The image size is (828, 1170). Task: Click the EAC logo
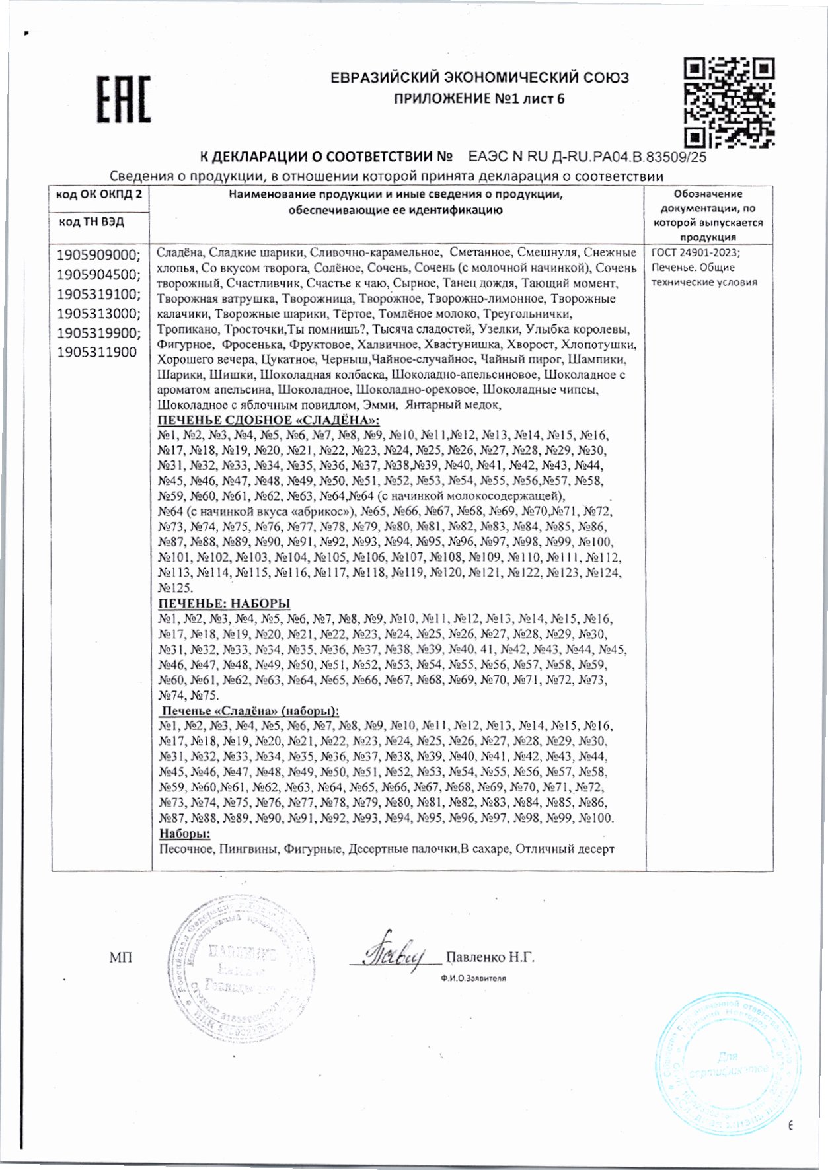click(124, 99)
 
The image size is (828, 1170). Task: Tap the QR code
click(729, 102)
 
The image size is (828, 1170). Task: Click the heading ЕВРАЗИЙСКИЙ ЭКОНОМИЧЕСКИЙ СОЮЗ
click(479, 78)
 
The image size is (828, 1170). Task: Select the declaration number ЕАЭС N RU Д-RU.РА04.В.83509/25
click(587, 157)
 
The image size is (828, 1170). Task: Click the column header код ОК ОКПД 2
click(99, 194)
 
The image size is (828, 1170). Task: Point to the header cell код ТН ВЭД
click(92, 221)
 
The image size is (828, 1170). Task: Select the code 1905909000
click(98, 255)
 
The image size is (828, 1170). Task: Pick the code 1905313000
click(98, 313)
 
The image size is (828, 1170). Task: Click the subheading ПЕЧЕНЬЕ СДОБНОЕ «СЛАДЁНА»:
click(269, 421)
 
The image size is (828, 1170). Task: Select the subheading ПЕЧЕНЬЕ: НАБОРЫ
click(224, 604)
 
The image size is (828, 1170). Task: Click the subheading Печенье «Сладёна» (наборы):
click(250, 711)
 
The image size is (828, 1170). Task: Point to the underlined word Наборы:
click(184, 833)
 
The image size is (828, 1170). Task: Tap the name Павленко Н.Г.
click(490, 957)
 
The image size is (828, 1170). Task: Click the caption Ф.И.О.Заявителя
click(473, 978)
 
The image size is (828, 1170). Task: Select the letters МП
click(121, 957)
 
